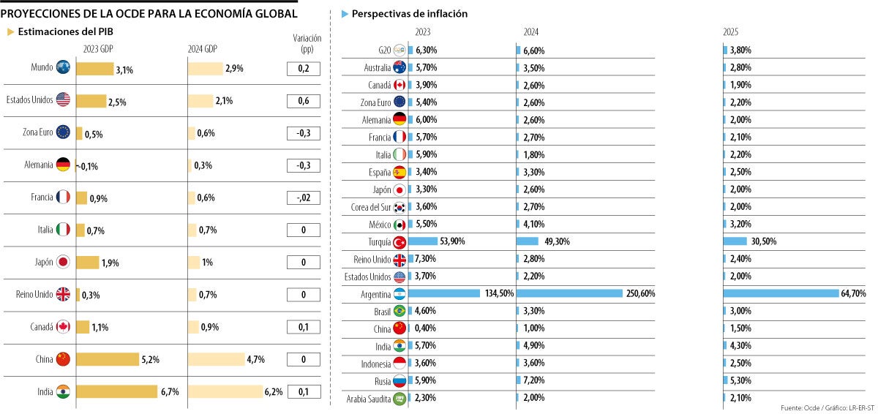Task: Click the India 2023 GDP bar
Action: (116, 391)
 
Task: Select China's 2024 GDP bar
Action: (216, 359)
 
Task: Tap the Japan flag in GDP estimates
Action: (63, 262)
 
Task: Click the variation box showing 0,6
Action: (303, 101)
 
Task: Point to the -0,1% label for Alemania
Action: (87, 166)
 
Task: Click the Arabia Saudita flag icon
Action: (399, 399)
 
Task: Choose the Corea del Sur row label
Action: (370, 207)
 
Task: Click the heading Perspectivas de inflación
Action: (409, 14)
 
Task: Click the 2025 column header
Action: (730, 32)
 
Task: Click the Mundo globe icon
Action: (63, 67)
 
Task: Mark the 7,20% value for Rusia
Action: (533, 381)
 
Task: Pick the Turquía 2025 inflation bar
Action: (735, 241)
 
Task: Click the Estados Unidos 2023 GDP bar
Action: (91, 101)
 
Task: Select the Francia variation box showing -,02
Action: (303, 197)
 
